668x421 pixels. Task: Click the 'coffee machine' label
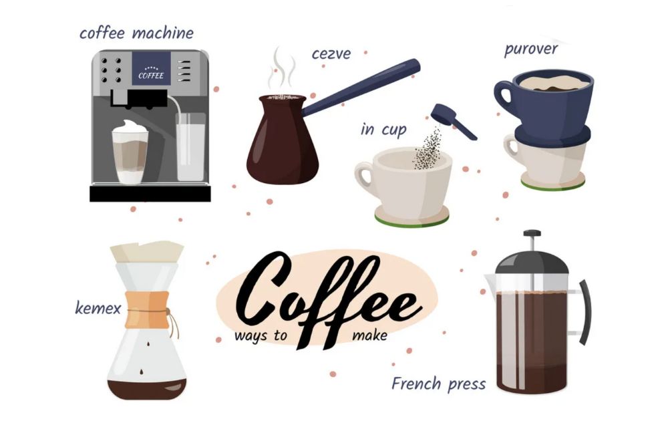[x=136, y=33]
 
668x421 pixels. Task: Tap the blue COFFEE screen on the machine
[x=151, y=69]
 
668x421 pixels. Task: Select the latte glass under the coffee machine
[x=130, y=152]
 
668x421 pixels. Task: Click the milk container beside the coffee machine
[x=190, y=147]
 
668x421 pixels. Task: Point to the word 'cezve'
[x=331, y=54]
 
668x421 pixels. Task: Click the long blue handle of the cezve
[x=361, y=88]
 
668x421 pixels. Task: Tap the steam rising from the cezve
[x=281, y=69]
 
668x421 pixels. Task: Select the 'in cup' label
[x=383, y=130]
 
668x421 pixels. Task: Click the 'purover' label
[x=531, y=49]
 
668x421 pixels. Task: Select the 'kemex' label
[x=98, y=307]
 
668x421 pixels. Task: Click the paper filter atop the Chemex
[x=147, y=252]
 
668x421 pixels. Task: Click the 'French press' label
[x=438, y=384]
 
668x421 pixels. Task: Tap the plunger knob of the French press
[x=532, y=233]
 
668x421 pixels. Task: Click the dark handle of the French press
[x=585, y=312]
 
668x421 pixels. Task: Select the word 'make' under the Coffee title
[x=370, y=335]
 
